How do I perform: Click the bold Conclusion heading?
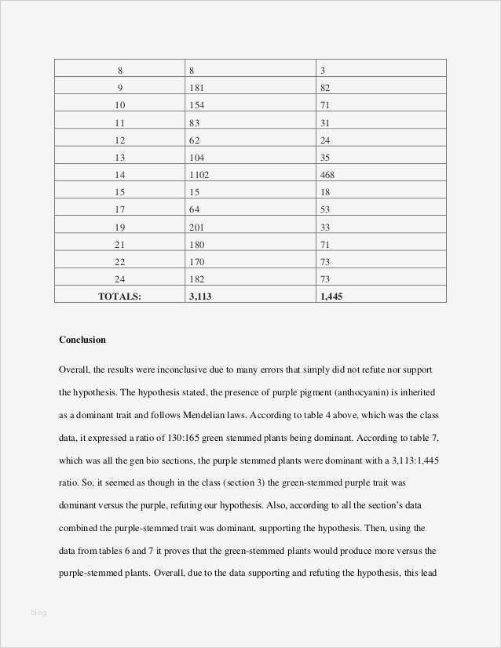[x=82, y=340]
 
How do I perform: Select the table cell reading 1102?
[x=199, y=174]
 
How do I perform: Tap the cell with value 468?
[x=327, y=174]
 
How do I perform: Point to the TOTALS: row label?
[x=119, y=296]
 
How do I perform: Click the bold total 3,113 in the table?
[x=202, y=296]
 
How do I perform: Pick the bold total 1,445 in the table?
[x=331, y=296]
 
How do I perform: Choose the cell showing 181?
[x=196, y=88]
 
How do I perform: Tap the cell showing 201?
[x=196, y=227]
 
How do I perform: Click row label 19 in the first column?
[x=119, y=227]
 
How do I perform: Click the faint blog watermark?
[x=38, y=613]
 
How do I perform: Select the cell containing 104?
[x=196, y=157]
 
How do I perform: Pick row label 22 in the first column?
[x=119, y=261]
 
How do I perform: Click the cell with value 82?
[x=325, y=88]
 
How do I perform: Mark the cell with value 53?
[x=325, y=209]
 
